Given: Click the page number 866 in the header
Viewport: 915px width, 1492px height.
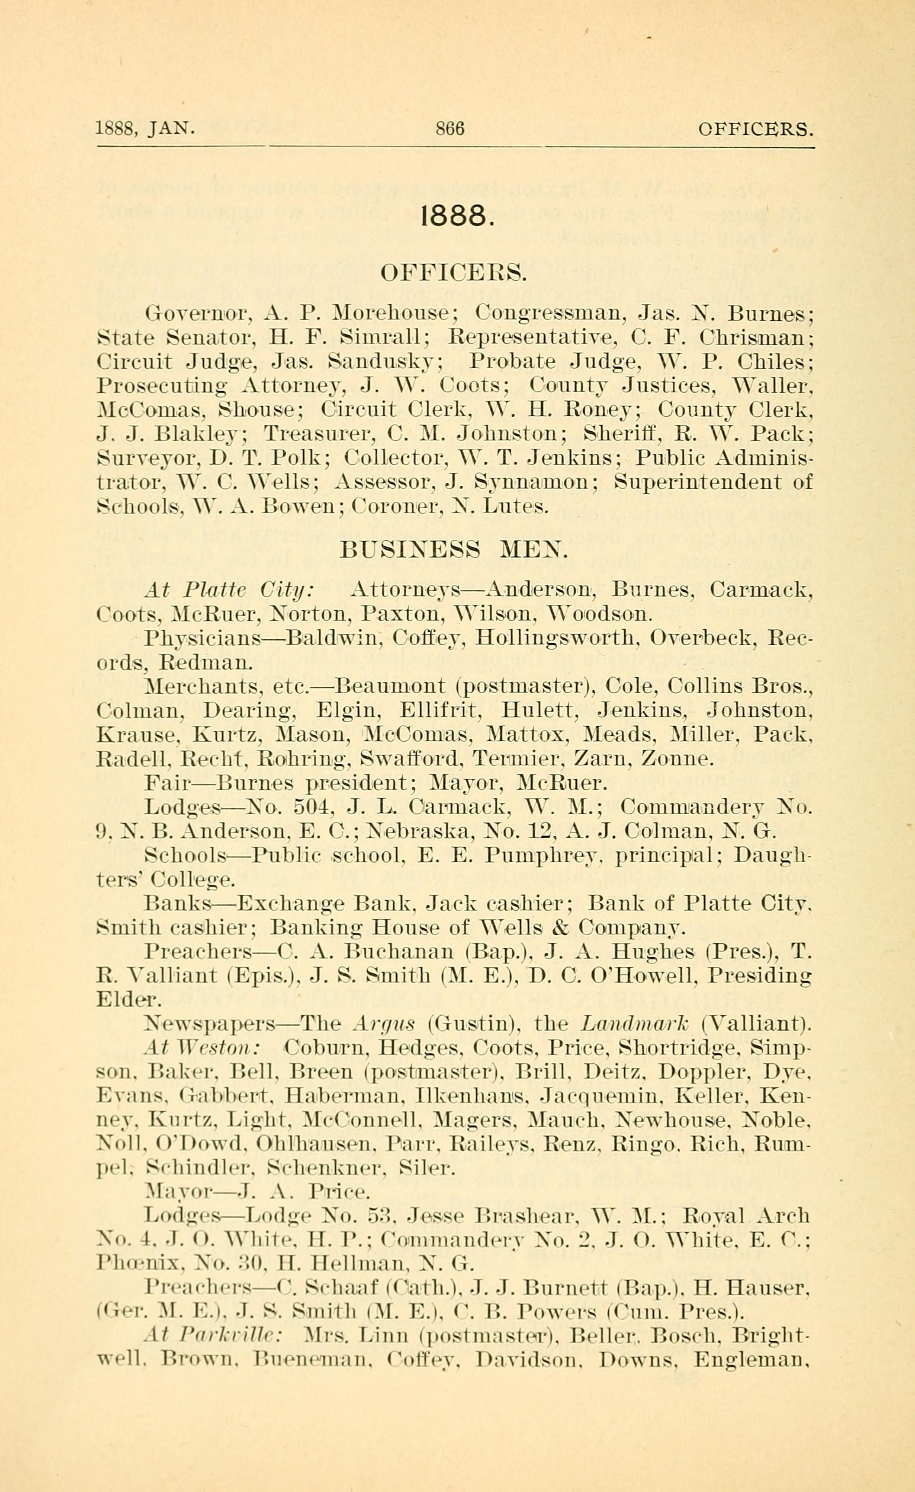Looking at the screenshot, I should [449, 128].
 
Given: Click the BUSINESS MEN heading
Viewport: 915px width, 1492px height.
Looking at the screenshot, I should [454, 549].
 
